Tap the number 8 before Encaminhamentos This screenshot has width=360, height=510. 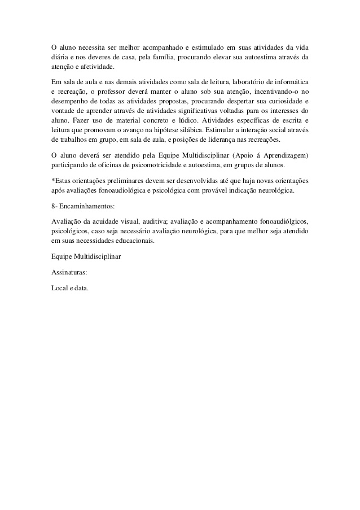[52, 207]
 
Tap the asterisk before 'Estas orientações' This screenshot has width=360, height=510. [52, 181]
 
